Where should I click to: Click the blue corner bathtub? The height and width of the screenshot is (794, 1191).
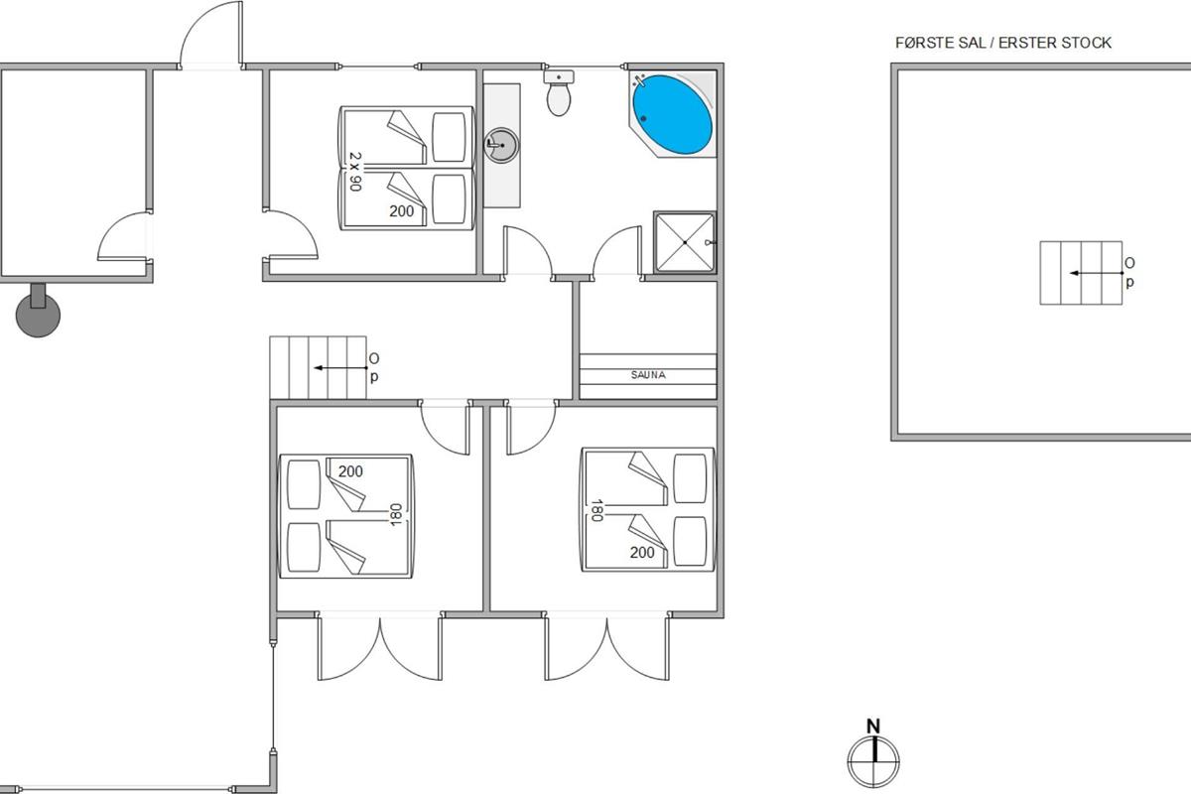point(672,114)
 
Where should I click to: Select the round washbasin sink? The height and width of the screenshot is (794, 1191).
point(501,145)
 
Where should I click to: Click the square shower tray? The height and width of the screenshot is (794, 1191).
point(685,242)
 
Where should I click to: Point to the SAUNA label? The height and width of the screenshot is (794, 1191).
point(648,375)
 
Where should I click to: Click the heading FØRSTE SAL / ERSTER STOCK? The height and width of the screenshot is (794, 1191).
point(1003,43)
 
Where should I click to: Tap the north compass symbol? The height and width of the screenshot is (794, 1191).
point(873,755)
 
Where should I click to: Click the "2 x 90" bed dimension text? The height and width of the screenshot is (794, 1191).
point(355,172)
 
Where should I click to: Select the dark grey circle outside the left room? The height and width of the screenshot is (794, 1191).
point(38,315)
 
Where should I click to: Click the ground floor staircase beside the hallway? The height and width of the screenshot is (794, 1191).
point(318,367)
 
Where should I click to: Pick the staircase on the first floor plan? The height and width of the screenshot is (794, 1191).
point(1081,273)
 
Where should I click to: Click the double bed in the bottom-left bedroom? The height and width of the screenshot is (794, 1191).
point(345,516)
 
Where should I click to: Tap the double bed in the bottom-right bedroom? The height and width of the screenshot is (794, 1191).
point(649,509)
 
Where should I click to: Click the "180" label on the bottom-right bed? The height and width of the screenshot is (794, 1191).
point(596,510)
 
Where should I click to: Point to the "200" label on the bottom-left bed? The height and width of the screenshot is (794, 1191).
point(350,471)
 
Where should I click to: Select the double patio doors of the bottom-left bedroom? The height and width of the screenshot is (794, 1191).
point(379,646)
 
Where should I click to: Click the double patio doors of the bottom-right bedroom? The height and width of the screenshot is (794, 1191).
point(606,646)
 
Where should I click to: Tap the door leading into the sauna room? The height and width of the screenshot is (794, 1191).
point(617,250)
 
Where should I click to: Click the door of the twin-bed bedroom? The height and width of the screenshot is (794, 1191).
point(290,234)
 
